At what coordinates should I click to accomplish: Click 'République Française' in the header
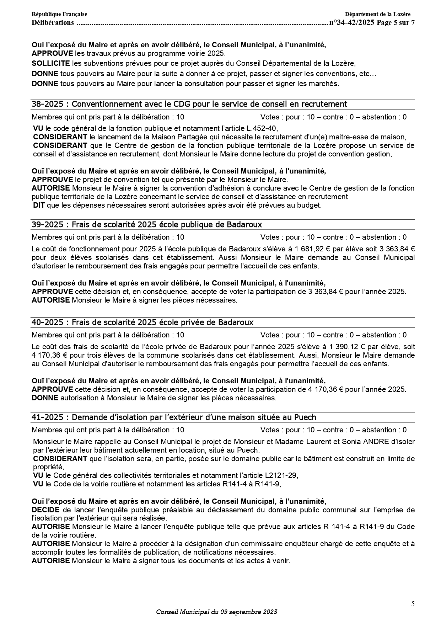point(59,14)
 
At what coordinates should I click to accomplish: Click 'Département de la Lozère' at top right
point(377,14)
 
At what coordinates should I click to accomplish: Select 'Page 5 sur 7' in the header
point(396,23)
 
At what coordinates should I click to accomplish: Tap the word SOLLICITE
point(51,63)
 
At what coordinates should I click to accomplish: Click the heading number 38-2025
point(48,104)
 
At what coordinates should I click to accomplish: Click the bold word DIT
point(39,205)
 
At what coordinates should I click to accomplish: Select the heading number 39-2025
point(48,225)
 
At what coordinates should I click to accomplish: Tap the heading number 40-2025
point(48,322)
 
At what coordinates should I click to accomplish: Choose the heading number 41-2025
point(47,417)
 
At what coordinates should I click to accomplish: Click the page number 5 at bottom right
point(413,604)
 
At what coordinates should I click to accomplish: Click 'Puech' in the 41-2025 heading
point(306,417)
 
